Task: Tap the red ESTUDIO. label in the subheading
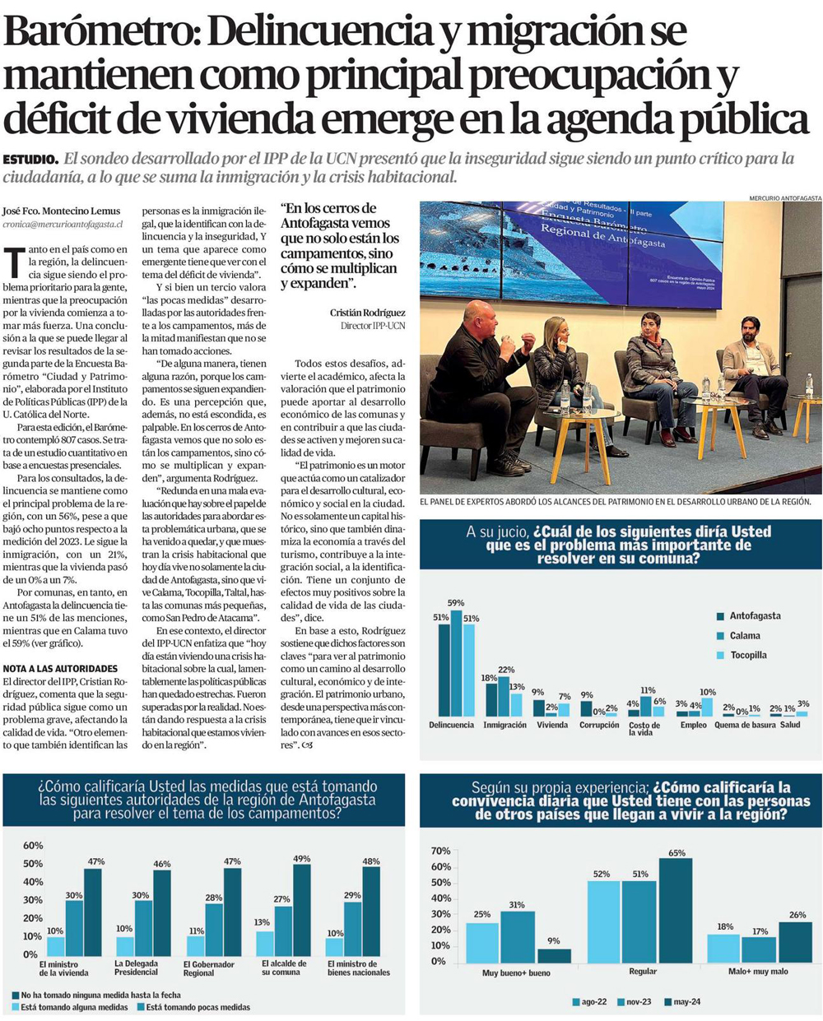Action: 30,159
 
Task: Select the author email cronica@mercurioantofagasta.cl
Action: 63,224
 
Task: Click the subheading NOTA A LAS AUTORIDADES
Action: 60,669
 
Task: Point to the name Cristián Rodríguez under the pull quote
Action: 367,313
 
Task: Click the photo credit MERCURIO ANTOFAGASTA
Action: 785,197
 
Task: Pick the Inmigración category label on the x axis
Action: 504,725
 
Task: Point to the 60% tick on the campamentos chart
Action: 33,846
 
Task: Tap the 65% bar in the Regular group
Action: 676,910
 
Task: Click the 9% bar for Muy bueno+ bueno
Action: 554,955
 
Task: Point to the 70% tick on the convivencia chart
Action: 440,851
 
